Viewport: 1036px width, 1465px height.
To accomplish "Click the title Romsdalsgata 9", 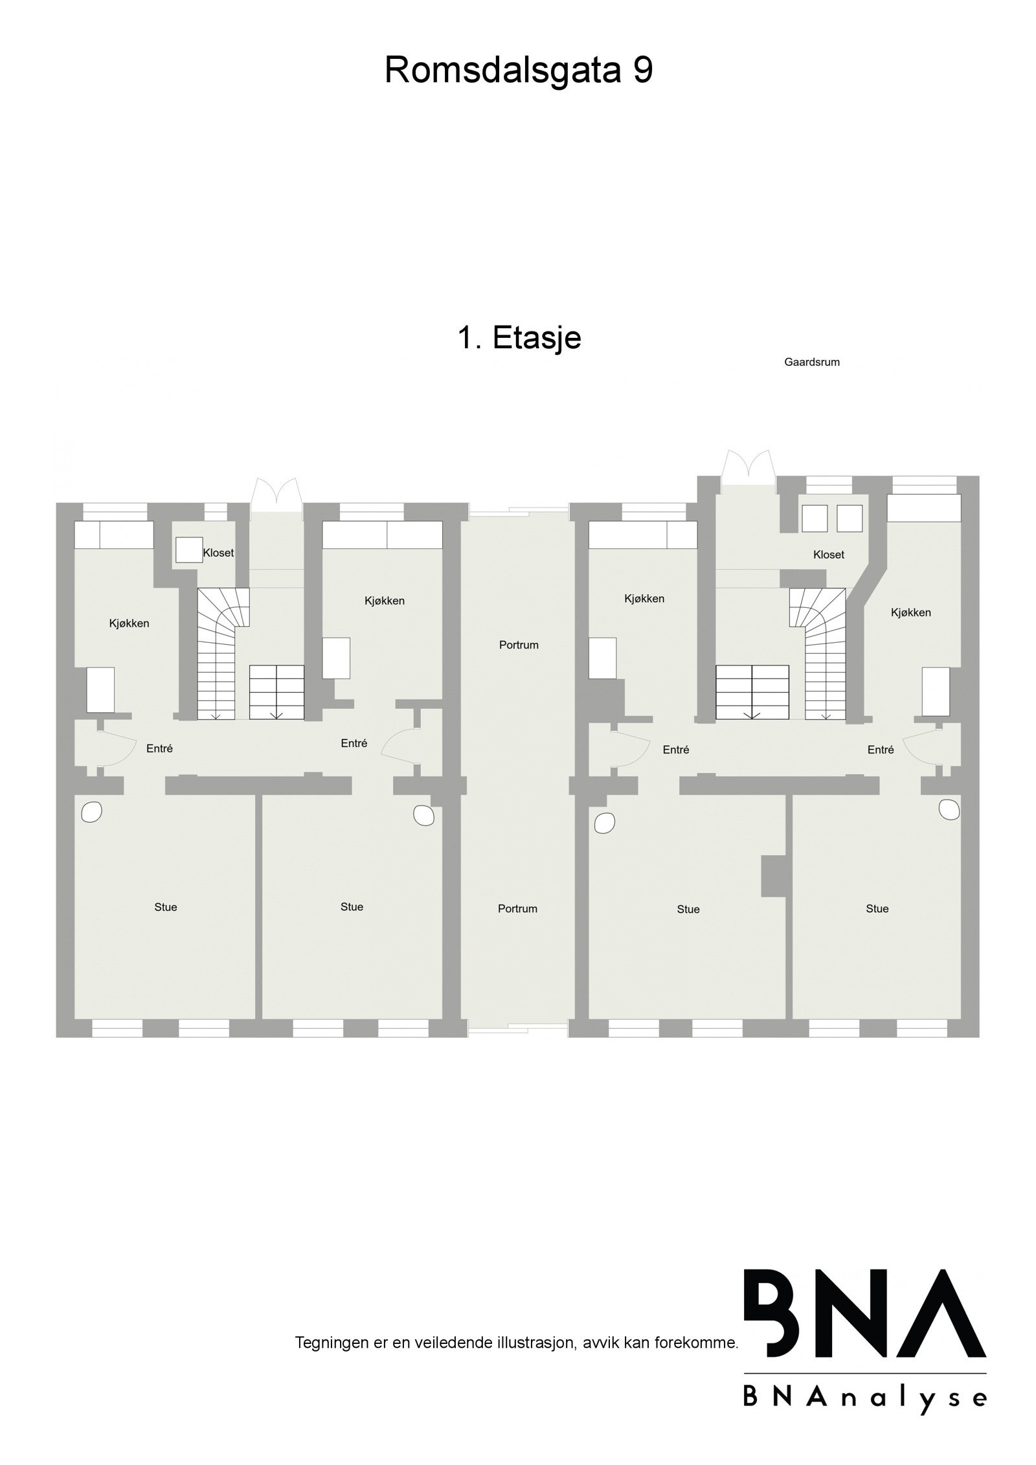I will coord(518,70).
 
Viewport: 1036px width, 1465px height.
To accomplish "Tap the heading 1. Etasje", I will coord(519,337).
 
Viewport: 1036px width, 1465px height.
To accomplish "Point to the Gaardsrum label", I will coord(811,363).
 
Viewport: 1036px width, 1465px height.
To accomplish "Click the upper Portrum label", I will coord(519,645).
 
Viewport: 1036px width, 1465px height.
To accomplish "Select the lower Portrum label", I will coord(517,908).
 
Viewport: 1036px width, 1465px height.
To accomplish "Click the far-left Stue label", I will coord(166,907).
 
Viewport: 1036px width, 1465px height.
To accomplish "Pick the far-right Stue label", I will coord(877,908).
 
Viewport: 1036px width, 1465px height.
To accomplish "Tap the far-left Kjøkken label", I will coord(129,623).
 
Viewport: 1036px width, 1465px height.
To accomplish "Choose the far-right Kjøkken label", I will coord(910,612).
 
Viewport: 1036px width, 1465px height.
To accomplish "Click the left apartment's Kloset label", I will coord(218,553).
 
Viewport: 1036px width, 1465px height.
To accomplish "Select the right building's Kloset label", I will coord(829,555).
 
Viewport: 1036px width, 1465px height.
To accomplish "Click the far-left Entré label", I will coord(159,748).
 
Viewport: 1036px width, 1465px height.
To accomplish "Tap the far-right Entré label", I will coord(880,750).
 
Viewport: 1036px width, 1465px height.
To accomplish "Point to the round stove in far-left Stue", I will coord(91,812).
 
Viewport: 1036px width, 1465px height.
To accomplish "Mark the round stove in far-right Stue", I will coord(949,810).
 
